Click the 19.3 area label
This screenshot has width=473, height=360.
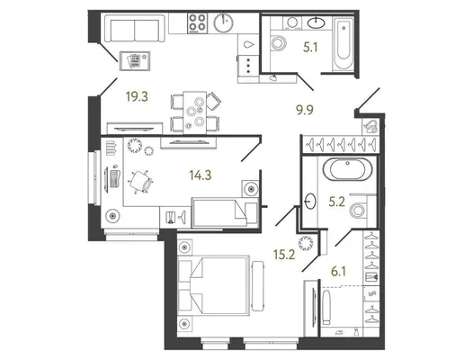pyautogui.click(x=137, y=97)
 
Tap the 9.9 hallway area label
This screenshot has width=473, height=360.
pyautogui.click(x=305, y=110)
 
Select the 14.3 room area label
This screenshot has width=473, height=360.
pyautogui.click(x=201, y=175)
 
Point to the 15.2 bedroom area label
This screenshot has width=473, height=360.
pyautogui.click(x=284, y=255)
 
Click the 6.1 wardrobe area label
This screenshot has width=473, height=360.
pyautogui.click(x=338, y=272)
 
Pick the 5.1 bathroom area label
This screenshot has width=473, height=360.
pyautogui.click(x=310, y=48)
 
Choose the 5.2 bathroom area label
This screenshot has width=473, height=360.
pyautogui.click(x=336, y=202)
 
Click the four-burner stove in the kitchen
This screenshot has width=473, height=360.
pyautogui.click(x=197, y=23)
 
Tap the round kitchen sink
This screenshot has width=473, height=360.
pyautogui.click(x=224, y=22)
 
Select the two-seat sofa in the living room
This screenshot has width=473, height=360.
pyautogui.click(x=135, y=29)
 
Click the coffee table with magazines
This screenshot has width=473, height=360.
pyautogui.click(x=135, y=61)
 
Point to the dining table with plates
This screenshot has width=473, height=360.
pyautogui.click(x=195, y=112)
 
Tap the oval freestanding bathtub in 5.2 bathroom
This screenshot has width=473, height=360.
pyautogui.click(x=348, y=169)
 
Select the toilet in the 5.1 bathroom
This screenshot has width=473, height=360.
pyautogui.click(x=278, y=42)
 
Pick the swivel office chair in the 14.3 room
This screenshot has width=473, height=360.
pyautogui.click(x=140, y=182)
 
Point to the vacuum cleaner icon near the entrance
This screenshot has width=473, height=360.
pyautogui.click(x=370, y=126)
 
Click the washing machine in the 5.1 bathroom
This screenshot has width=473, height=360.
pyautogui.click(x=292, y=23)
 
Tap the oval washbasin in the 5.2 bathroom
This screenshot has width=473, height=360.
pyautogui.click(x=310, y=201)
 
